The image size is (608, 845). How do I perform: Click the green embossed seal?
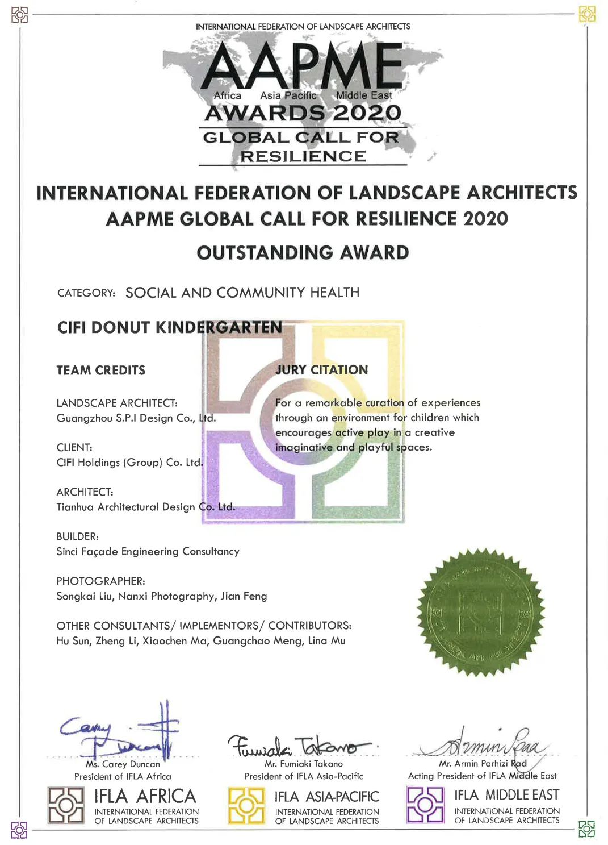coord(480,613)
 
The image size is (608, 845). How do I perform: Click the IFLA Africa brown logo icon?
coord(65,805)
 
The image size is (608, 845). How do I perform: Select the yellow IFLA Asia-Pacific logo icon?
coord(246,805)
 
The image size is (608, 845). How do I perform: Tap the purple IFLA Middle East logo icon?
coord(425,805)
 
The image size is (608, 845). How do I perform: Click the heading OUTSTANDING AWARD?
coord(303,253)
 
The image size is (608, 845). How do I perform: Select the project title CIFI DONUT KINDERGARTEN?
coord(170,327)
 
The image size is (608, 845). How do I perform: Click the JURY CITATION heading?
coord(321,370)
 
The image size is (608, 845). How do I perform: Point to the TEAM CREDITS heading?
coord(101,371)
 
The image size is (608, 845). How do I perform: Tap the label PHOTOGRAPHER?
coord(100,581)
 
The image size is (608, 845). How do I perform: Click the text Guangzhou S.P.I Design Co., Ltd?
coord(136,418)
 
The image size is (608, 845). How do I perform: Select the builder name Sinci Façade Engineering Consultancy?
coord(148,551)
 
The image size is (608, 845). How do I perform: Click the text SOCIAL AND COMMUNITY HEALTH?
coord(242,293)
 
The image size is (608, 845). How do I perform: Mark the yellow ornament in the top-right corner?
coord(587,14)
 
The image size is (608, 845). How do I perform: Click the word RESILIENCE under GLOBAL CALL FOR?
coord(303,156)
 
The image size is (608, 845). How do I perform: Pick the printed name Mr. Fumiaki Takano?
coord(304,764)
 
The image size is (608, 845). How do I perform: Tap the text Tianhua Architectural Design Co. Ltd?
coord(145,507)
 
